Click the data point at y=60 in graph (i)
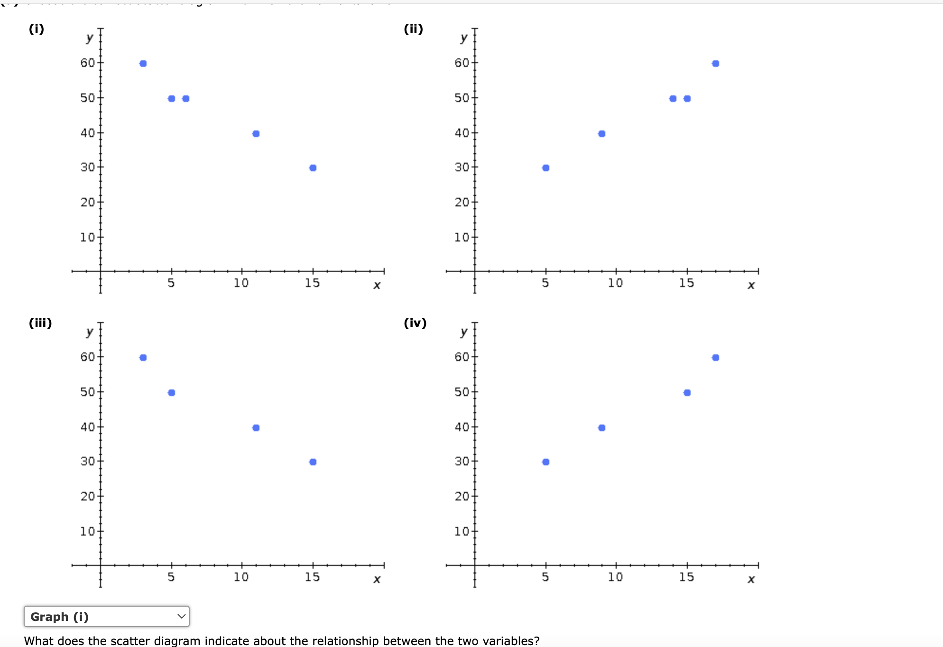143,64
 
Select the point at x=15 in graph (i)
313,168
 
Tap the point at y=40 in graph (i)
256,134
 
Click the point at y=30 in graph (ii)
545,168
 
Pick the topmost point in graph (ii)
715,64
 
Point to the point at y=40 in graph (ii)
601,134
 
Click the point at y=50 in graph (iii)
172,393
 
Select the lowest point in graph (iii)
313,462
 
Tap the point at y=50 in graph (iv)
687,393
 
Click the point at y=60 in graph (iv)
715,358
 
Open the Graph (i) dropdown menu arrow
181,616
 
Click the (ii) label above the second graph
413,29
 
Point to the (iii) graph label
40,323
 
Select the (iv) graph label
415,323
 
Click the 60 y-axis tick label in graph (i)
87,63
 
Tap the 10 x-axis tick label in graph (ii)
615,283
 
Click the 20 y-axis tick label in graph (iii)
87,496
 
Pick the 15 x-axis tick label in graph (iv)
686,577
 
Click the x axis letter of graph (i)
377,286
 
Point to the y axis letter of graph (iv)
464,332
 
